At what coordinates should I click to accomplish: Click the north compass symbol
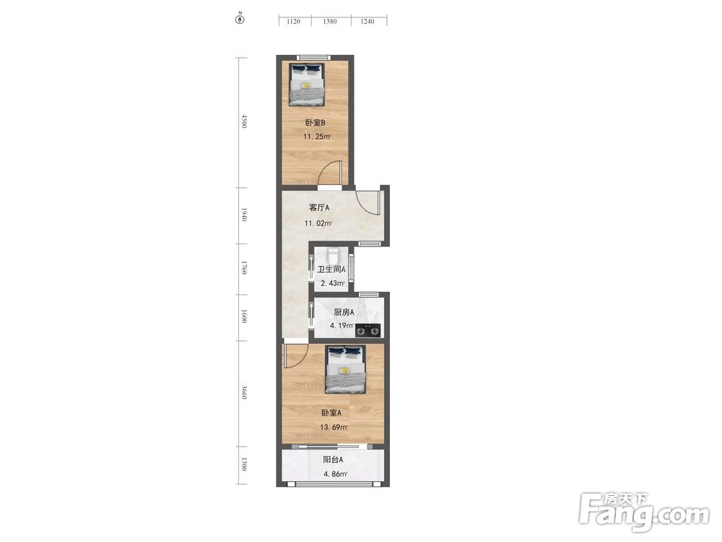click(x=240, y=20)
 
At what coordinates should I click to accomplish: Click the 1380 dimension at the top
click(x=330, y=21)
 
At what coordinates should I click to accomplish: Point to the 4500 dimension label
click(x=244, y=121)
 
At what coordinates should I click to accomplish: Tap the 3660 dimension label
click(x=244, y=392)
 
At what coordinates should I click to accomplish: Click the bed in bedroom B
click(x=307, y=83)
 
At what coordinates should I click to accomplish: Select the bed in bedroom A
click(x=345, y=369)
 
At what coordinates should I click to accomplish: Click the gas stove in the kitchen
click(x=368, y=330)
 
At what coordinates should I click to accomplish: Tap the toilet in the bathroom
click(x=332, y=255)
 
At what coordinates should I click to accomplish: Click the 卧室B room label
click(x=316, y=123)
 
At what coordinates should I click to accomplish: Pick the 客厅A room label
click(x=318, y=208)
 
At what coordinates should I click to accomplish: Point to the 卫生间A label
click(x=331, y=270)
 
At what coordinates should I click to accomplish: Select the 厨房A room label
click(x=344, y=312)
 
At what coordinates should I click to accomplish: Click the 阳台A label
click(x=332, y=460)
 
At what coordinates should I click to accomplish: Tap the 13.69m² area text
click(x=334, y=427)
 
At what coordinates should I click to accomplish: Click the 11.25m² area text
click(x=317, y=137)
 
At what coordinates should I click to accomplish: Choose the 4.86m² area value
click(x=335, y=474)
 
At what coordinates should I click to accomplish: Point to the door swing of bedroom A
click(x=295, y=356)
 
